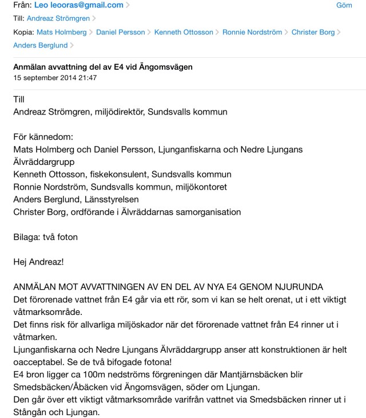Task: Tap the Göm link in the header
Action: (344, 6)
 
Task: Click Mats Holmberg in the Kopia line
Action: (62, 33)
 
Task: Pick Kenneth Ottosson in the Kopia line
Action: (184, 33)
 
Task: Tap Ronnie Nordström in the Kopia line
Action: (252, 33)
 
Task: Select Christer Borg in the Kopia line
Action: (313, 33)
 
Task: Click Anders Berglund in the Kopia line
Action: (39, 45)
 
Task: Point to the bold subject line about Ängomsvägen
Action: (103, 67)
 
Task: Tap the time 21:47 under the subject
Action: (90, 78)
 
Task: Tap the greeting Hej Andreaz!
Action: (39, 261)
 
